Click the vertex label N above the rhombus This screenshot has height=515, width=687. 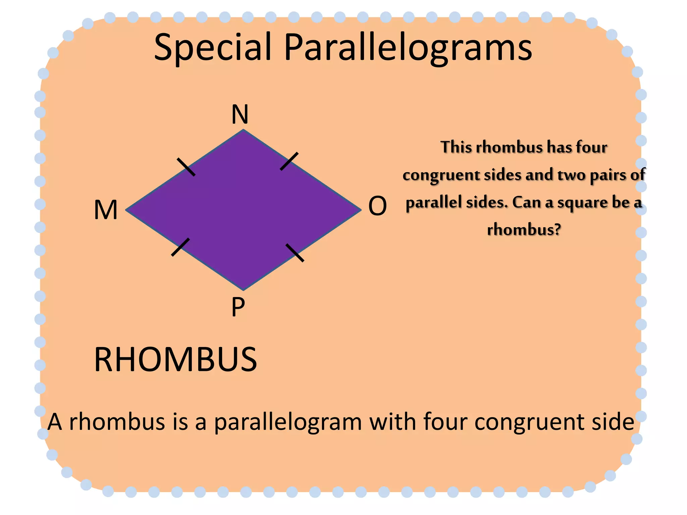tap(240, 114)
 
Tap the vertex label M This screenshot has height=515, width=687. tap(106, 210)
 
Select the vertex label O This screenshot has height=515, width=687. tap(377, 206)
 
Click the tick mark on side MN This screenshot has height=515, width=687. tap(186, 167)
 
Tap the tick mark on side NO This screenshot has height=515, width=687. tap(289, 161)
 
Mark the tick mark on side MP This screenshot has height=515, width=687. tap(180, 247)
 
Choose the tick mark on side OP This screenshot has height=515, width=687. tap(295, 253)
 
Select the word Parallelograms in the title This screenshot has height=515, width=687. tap(408, 48)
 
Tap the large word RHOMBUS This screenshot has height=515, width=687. tap(175, 360)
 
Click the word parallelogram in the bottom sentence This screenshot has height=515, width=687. tap(288, 422)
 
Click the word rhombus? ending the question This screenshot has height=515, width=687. tap(524, 230)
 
